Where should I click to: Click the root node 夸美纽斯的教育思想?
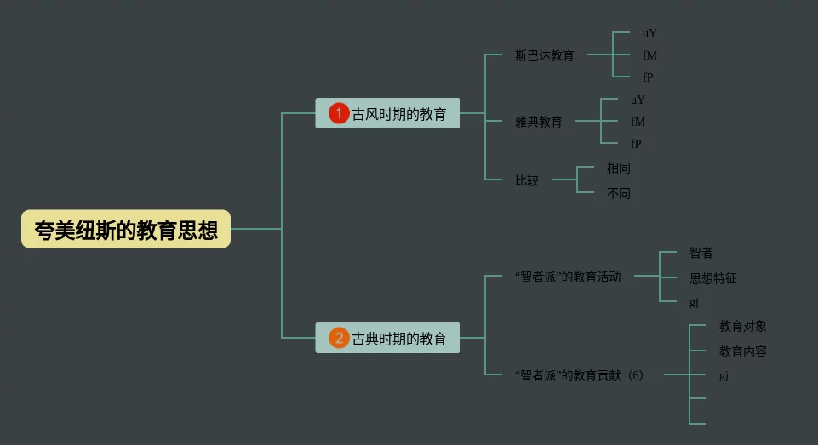[x=126, y=229]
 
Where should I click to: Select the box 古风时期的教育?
[x=387, y=114]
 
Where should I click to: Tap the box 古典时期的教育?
[x=387, y=339]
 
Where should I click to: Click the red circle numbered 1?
[x=339, y=114]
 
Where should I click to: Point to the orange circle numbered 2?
[x=339, y=339]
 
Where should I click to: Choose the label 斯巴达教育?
[x=544, y=55]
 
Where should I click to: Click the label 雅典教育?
[x=538, y=122]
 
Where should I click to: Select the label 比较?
[x=526, y=180]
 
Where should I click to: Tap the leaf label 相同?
[x=618, y=168]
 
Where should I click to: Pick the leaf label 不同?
[x=618, y=193]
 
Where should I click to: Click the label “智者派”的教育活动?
[x=568, y=277]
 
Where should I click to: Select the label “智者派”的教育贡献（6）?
[x=579, y=375]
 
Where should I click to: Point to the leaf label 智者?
[x=701, y=253]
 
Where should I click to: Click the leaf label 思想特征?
[x=712, y=278]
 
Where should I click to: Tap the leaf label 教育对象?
[x=742, y=326]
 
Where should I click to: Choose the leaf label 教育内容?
[x=742, y=351]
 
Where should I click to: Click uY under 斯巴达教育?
[x=649, y=34]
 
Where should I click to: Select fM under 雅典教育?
[x=638, y=122]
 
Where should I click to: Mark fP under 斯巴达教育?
[x=648, y=77]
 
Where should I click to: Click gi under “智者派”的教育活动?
[x=694, y=303]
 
